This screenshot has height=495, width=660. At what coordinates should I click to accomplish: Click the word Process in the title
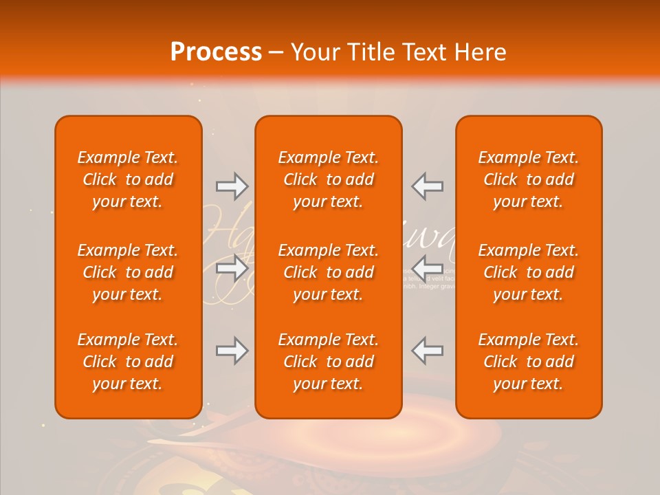(x=216, y=52)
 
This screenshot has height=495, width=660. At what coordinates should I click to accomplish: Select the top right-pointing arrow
(x=232, y=186)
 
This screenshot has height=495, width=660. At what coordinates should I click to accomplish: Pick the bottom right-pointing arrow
(x=232, y=351)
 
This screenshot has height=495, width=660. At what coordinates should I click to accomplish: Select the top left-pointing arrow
(x=428, y=186)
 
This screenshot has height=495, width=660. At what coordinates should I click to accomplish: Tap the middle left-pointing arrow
(x=428, y=267)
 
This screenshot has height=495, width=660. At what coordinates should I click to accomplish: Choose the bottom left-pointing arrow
(x=428, y=351)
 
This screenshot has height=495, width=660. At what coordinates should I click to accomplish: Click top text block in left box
(x=128, y=179)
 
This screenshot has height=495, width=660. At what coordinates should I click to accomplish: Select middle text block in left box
(x=128, y=272)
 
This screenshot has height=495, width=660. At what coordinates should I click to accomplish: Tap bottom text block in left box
(x=128, y=362)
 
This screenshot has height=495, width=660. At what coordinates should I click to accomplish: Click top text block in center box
(x=329, y=179)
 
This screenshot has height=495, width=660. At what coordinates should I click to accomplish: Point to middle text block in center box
(x=329, y=272)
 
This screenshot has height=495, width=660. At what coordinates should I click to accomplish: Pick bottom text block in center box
(x=329, y=362)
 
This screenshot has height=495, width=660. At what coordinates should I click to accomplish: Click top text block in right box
(x=529, y=179)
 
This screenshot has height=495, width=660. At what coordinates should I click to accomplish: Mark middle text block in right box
(x=529, y=272)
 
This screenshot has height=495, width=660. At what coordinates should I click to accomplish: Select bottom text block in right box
(x=529, y=362)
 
